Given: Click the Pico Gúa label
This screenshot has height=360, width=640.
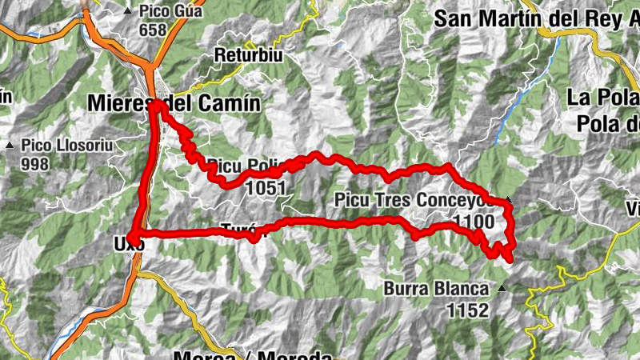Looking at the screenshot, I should click(x=170, y=12).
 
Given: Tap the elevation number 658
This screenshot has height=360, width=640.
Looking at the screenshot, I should click(x=152, y=30).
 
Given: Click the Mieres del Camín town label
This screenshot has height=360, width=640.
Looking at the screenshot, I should click(x=174, y=103).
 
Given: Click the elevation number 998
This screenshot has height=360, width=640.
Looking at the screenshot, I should click(x=36, y=164).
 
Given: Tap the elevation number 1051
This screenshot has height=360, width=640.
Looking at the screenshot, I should click(x=266, y=186).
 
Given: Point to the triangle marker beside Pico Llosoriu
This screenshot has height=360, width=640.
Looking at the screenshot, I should click(x=10, y=146).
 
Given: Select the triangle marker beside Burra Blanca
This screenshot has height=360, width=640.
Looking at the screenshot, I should click(x=502, y=288).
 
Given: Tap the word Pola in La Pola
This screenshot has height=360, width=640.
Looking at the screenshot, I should click(x=608, y=98).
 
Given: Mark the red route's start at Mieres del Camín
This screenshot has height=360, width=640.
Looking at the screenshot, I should click(x=159, y=105).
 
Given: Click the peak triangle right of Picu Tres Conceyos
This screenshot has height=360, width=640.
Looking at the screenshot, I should click(x=507, y=198).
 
